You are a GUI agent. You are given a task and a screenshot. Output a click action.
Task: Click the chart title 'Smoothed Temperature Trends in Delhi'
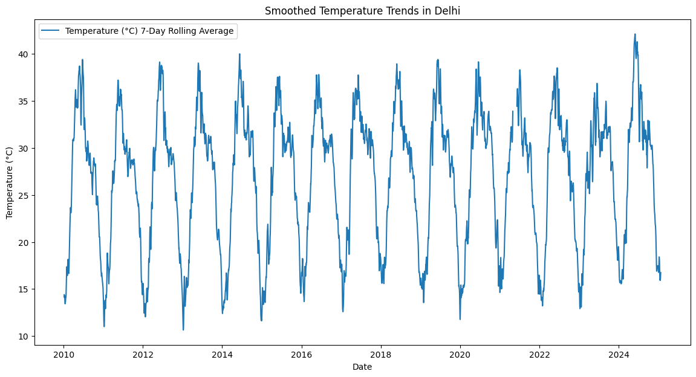tap(362, 10)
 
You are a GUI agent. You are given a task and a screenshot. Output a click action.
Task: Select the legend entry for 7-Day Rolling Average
tap(149, 31)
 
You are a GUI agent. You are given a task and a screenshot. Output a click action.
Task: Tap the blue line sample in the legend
tap(51, 31)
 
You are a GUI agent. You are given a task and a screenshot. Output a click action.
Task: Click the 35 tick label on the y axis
tap(24, 101)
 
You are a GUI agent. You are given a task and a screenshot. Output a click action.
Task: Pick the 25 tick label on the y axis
tap(24, 195)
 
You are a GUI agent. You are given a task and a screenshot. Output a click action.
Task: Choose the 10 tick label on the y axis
tap(24, 337)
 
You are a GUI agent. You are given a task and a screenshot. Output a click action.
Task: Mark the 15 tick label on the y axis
tap(24, 289)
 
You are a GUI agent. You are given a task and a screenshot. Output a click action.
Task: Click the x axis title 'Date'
tap(362, 367)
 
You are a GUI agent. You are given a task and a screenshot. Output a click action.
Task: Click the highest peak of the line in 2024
tap(635, 34)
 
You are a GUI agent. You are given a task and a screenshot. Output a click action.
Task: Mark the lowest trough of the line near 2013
tap(183, 329)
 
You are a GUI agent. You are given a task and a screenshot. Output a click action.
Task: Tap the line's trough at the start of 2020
tap(460, 319)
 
